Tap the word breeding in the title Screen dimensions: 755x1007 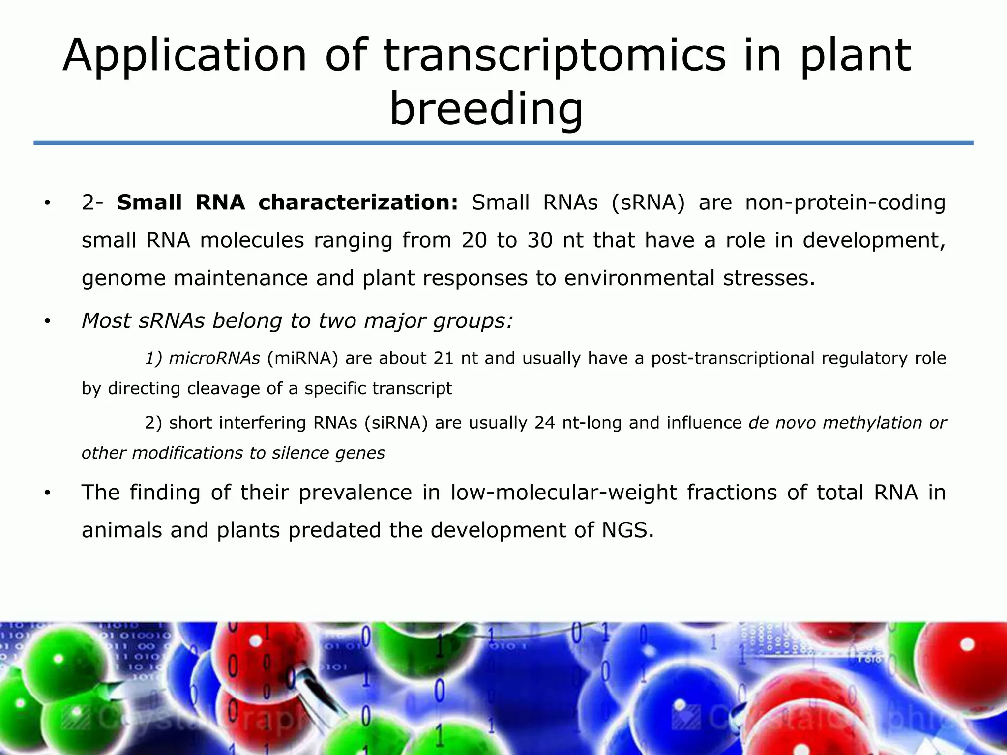[486, 109]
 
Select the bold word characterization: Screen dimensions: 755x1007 [358, 203]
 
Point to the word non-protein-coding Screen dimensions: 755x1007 [845, 203]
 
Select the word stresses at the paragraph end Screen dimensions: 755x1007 [769, 278]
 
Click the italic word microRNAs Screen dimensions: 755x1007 [214, 358]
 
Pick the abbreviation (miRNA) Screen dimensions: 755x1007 [302, 358]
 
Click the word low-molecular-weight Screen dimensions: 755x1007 [563, 493]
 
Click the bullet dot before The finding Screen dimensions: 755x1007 [47, 493]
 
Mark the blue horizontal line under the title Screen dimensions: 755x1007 [503, 143]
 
